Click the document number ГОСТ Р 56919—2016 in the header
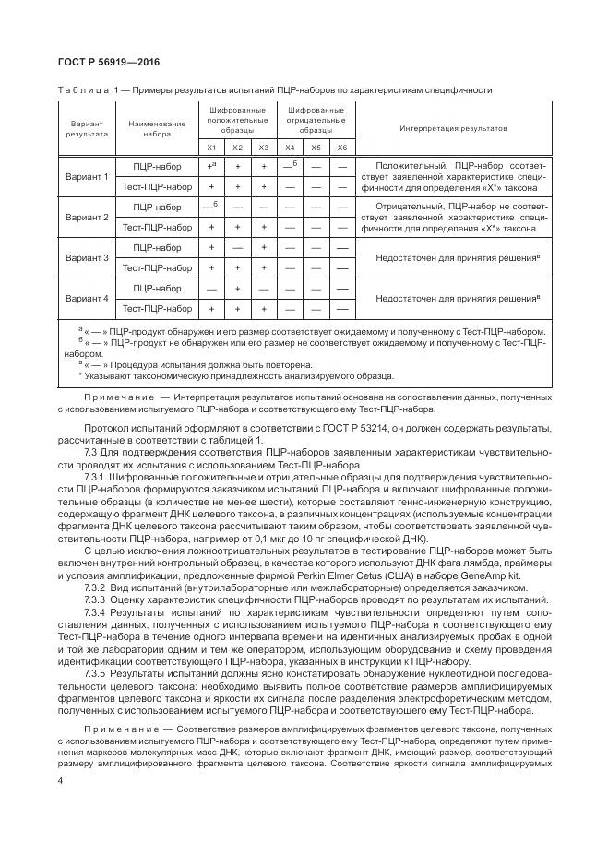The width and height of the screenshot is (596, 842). (x=102, y=63)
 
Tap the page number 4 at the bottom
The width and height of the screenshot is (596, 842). (x=59, y=780)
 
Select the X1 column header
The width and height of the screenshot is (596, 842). (x=210, y=148)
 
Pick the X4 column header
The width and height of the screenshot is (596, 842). (x=290, y=148)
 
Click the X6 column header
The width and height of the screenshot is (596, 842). (x=341, y=148)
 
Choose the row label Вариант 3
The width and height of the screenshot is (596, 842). (x=87, y=257)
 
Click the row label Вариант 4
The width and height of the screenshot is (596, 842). (x=87, y=299)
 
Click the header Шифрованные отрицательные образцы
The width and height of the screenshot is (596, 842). (x=316, y=120)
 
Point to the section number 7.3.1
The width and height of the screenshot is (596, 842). (x=97, y=477)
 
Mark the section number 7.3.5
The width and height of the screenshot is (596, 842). (x=97, y=674)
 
